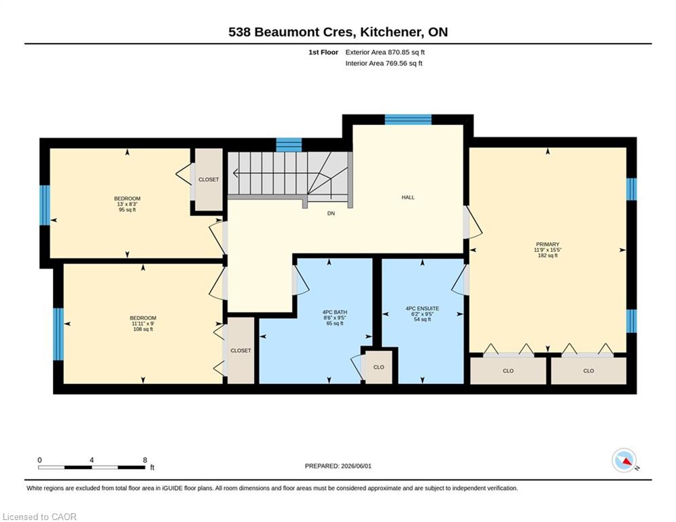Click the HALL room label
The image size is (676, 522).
(x=408, y=198)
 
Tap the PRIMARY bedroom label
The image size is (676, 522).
(x=548, y=244)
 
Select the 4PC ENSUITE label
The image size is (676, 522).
(x=422, y=309)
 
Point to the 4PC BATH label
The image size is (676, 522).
(x=334, y=312)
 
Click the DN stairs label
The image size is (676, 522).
(x=331, y=213)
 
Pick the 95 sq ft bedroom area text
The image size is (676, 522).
(x=127, y=209)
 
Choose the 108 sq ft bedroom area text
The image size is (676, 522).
(x=143, y=329)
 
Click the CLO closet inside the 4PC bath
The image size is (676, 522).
(x=378, y=367)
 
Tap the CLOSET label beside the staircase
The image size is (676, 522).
(x=209, y=179)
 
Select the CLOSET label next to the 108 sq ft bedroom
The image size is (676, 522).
(x=241, y=351)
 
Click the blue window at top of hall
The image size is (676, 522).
(x=408, y=120)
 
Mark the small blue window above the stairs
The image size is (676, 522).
(x=289, y=145)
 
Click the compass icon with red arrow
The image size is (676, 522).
(x=624, y=460)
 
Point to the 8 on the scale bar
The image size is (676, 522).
(x=145, y=460)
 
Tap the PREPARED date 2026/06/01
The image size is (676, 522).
(x=356, y=466)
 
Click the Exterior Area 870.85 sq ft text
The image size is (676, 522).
(x=385, y=52)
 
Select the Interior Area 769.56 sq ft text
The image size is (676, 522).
(x=384, y=63)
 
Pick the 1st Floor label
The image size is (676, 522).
(x=323, y=52)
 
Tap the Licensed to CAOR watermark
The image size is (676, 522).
(x=39, y=517)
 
